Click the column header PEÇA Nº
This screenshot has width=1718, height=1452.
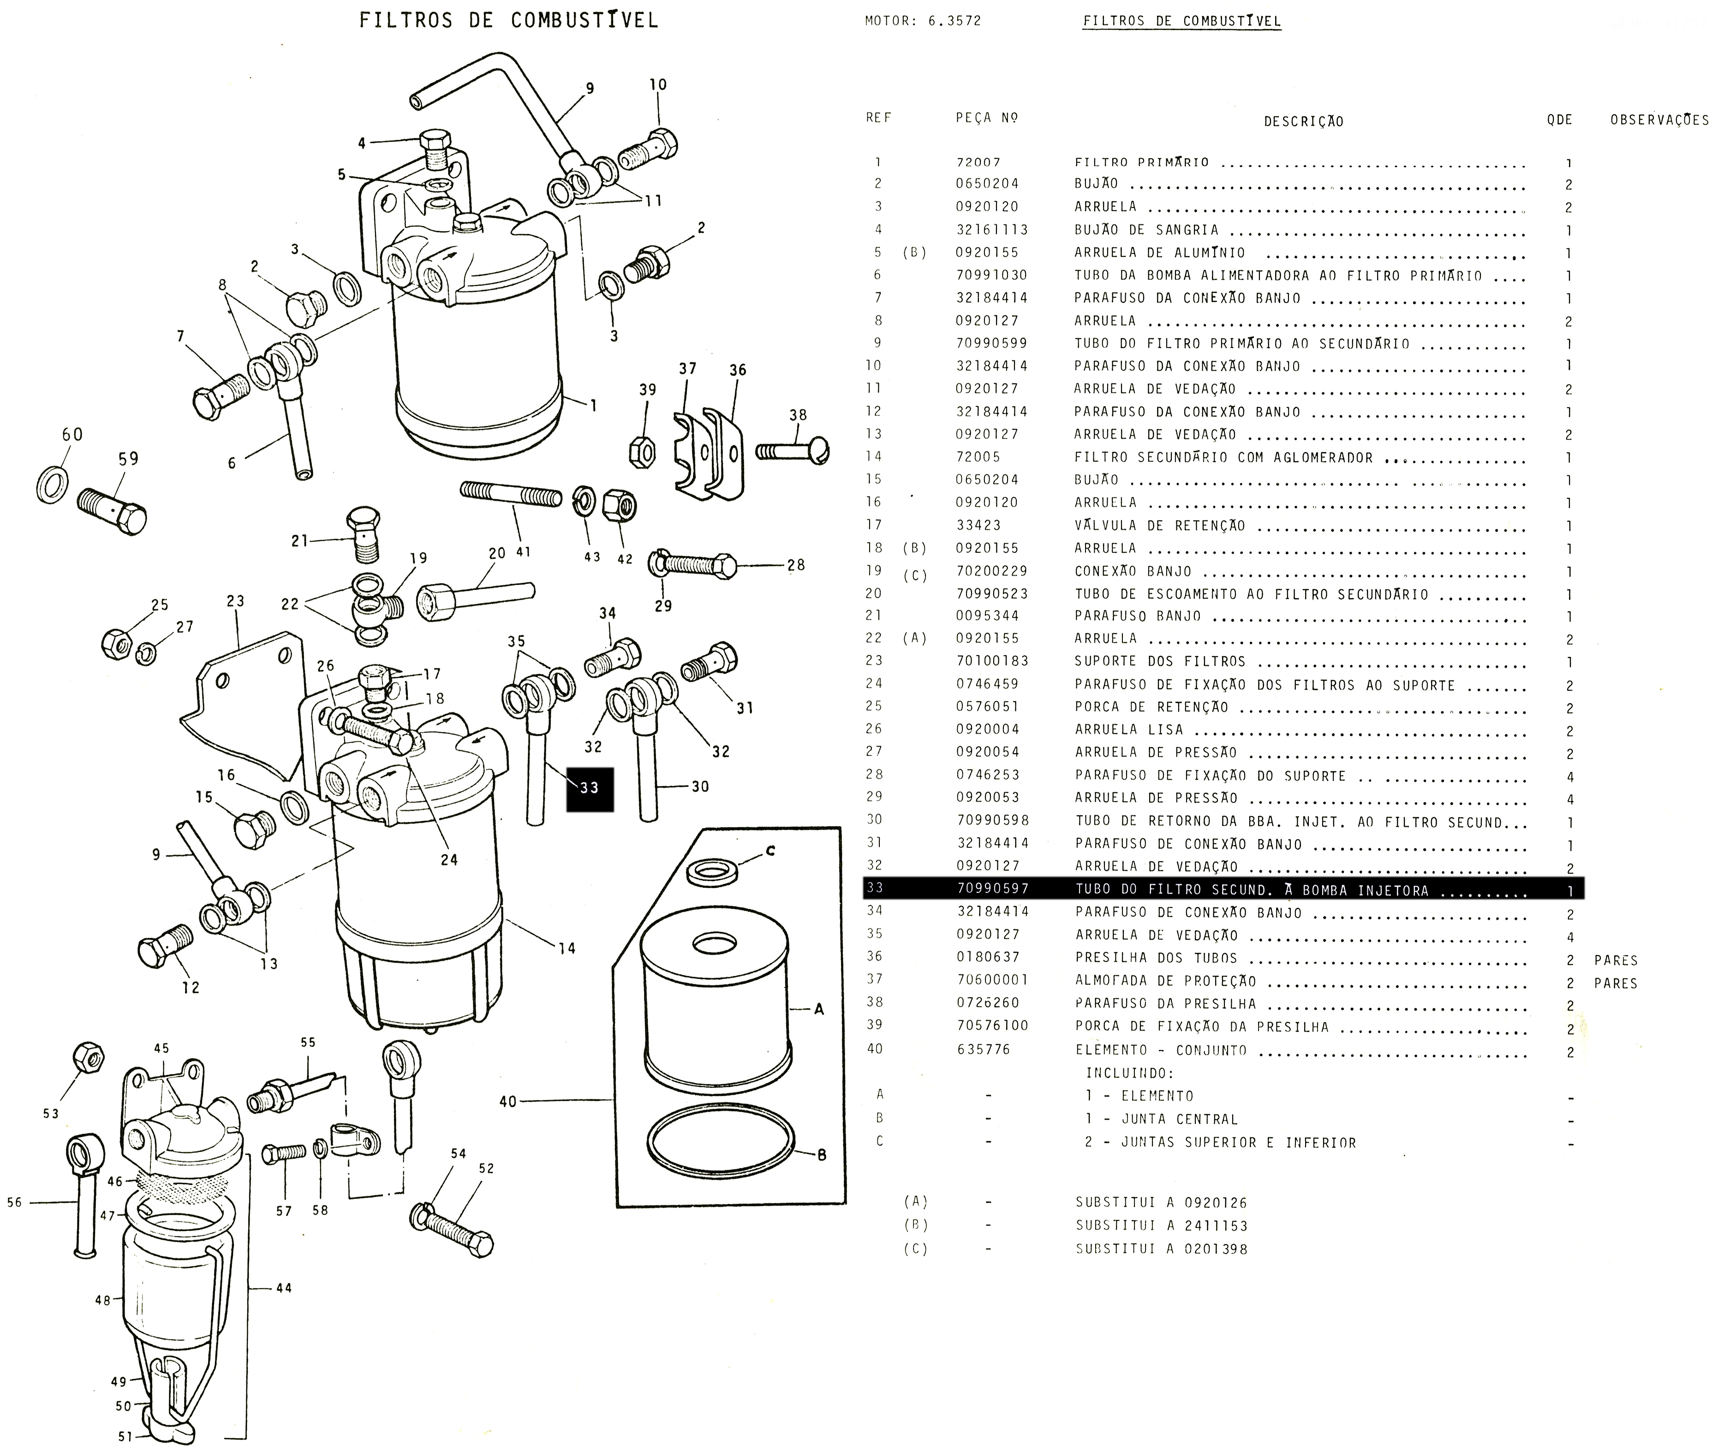click(x=987, y=118)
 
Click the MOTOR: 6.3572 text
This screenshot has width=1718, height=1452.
click(x=922, y=21)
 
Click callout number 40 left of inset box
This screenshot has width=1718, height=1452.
click(x=507, y=1101)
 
